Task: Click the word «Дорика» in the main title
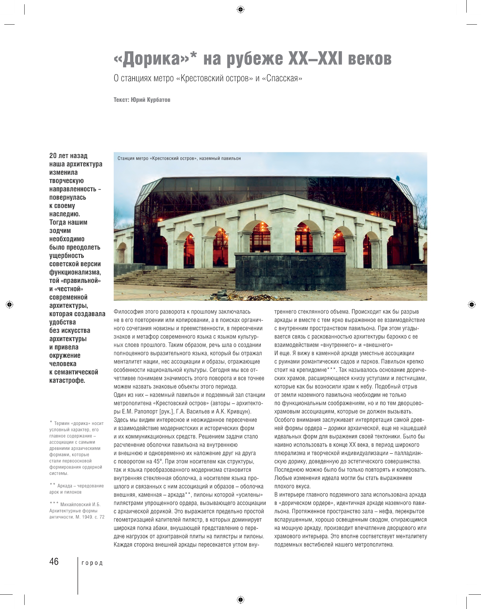click(152, 59)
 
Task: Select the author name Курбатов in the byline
click(158, 100)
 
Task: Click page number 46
click(54, 562)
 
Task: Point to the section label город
click(92, 563)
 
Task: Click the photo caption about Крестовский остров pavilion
click(179, 158)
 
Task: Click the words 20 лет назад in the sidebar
click(68, 156)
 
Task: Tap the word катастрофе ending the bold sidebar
click(67, 380)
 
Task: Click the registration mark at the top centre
click(240, 10)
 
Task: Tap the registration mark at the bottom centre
click(240, 600)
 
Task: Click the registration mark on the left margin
click(10, 304)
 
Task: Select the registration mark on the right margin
click(471, 304)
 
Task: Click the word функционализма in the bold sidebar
click(75, 272)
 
